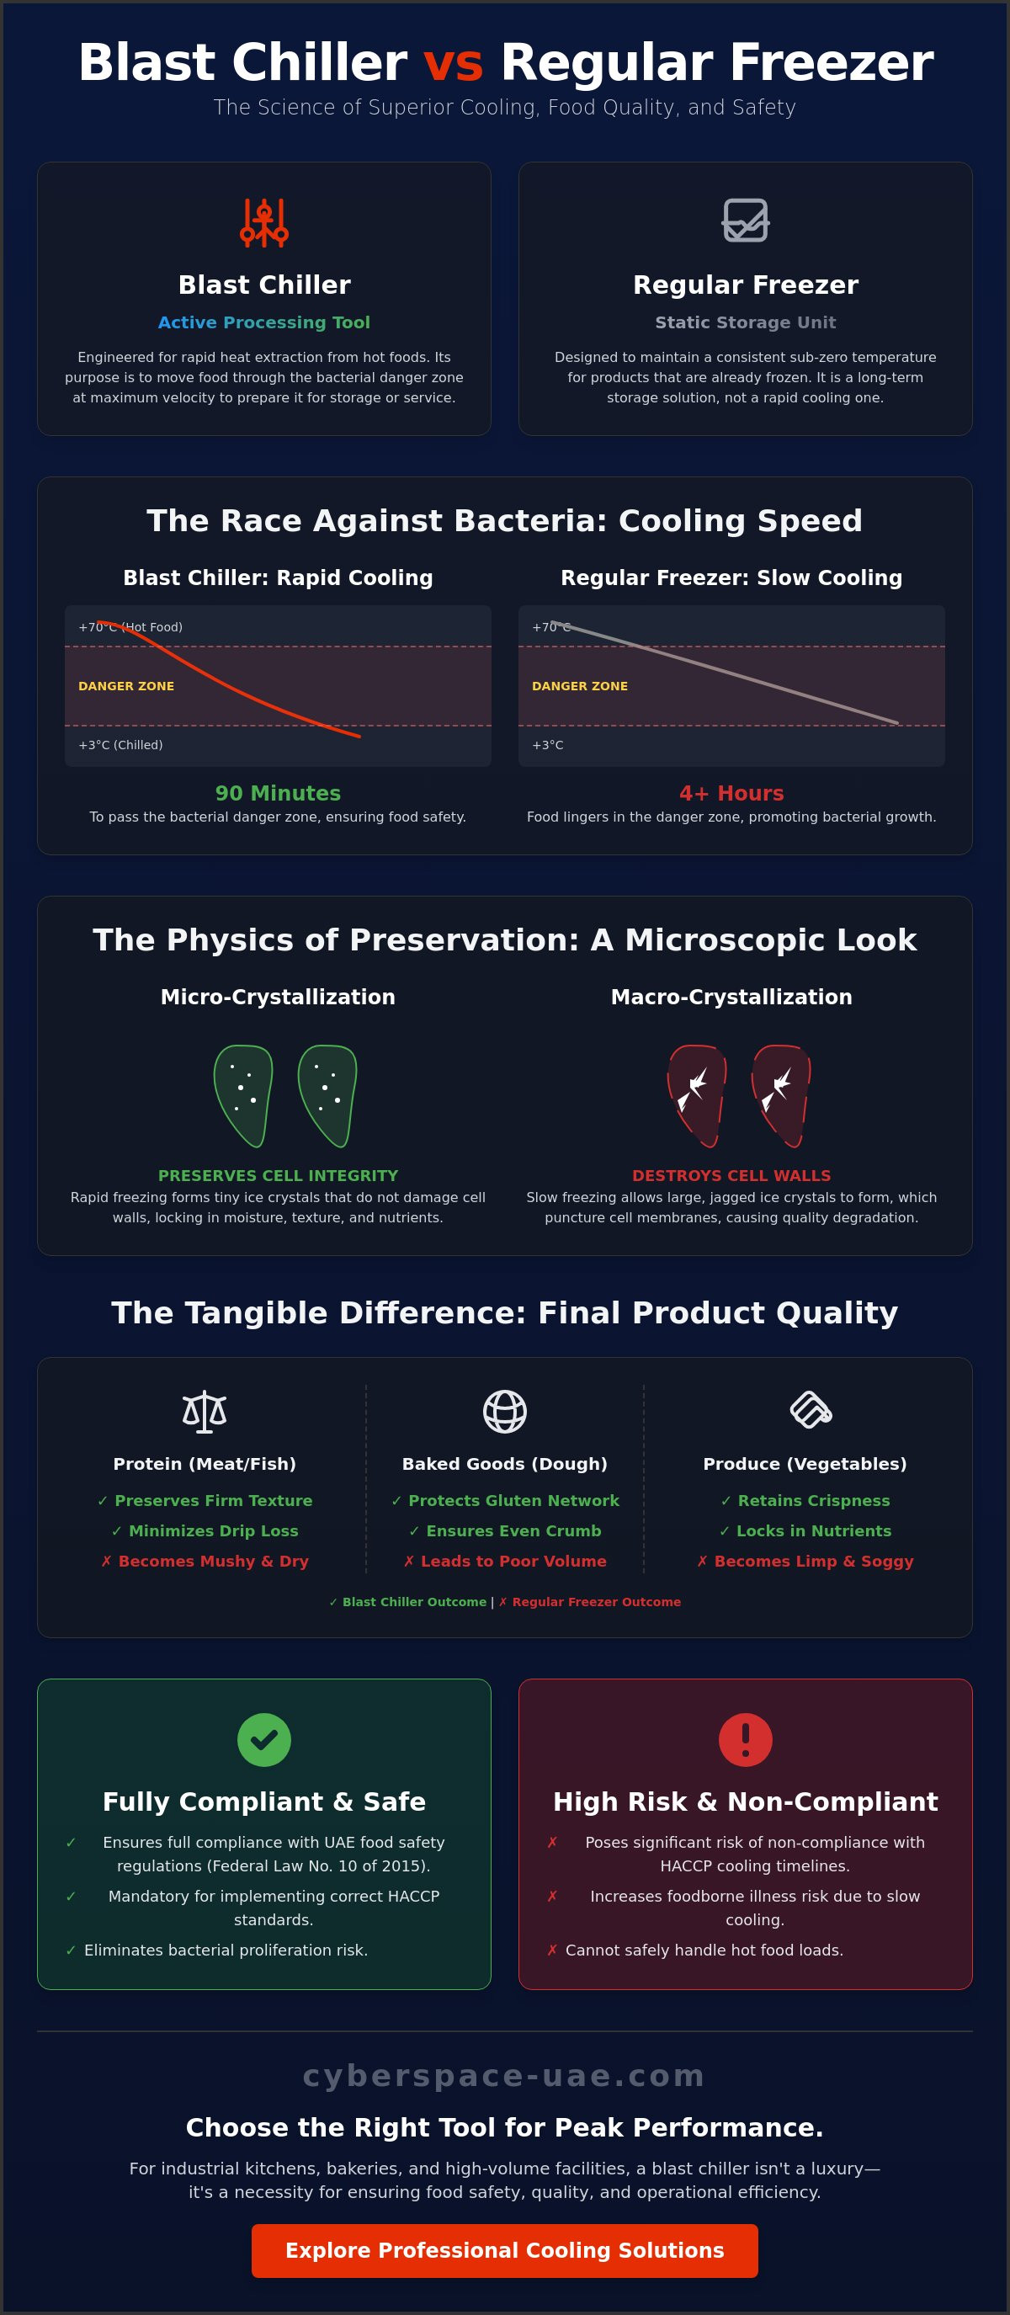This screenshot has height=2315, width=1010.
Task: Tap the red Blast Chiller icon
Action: (264, 223)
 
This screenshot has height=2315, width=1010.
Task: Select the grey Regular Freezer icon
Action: (746, 221)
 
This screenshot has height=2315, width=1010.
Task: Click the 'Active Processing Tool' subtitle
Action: (264, 322)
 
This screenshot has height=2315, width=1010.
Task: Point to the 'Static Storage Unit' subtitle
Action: (746, 322)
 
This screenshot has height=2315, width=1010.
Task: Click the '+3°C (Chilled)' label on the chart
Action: (120, 745)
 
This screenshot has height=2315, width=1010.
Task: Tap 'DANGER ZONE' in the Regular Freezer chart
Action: (580, 686)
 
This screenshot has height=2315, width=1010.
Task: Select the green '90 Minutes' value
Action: (278, 794)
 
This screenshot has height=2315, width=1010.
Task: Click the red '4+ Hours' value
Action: (731, 794)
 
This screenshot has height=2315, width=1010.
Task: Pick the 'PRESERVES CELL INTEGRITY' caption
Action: (278, 1175)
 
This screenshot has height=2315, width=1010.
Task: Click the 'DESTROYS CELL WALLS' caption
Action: (731, 1175)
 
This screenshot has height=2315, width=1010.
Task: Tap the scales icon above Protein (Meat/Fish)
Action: (205, 1411)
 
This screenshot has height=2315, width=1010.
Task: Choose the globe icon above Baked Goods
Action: (505, 1411)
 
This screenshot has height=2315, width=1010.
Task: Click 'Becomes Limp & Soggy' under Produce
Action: (805, 1561)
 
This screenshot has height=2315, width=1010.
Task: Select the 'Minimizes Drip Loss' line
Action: (205, 1530)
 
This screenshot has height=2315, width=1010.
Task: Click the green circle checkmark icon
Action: (264, 1740)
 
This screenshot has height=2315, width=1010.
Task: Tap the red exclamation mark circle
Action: (746, 1740)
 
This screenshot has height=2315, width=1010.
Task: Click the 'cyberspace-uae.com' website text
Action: (504, 2076)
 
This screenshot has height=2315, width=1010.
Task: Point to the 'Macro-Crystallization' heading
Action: (731, 997)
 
